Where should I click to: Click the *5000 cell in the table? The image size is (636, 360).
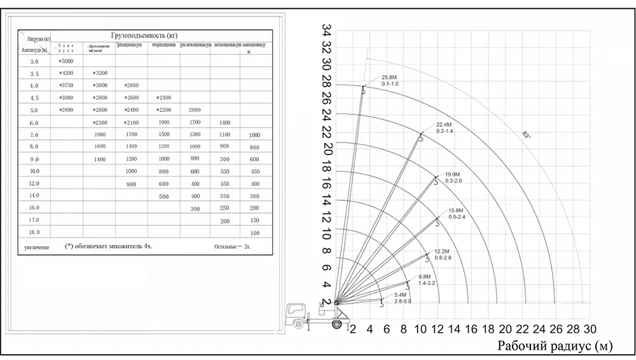point(66,62)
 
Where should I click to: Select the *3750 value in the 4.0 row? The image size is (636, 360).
point(66,86)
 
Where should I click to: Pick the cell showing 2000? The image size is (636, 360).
point(195,110)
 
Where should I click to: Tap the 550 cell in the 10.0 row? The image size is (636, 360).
point(224,172)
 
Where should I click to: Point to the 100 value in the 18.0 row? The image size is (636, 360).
point(254,233)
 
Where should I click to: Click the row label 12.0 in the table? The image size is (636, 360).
point(34,184)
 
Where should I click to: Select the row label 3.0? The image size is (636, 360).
point(34,62)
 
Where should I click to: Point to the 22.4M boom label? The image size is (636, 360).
point(443,124)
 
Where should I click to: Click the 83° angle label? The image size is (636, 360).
point(526,134)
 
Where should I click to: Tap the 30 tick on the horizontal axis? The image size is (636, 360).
point(590,329)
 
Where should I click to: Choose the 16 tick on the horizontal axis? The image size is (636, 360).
point(471,329)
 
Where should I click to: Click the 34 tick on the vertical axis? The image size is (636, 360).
point(327,31)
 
